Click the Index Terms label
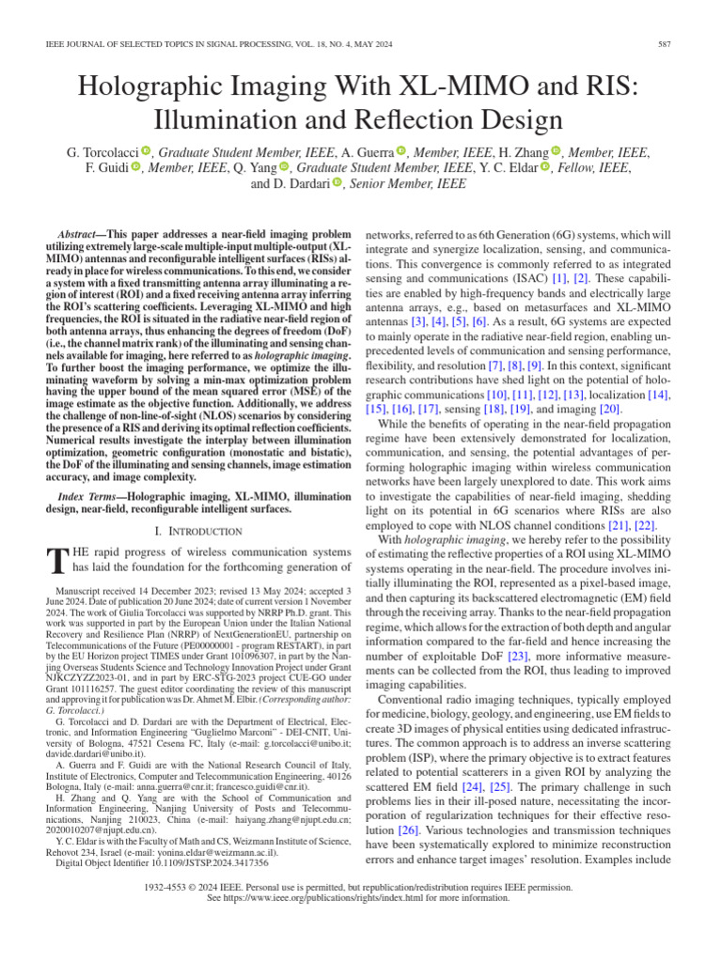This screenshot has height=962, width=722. pos(90,494)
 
